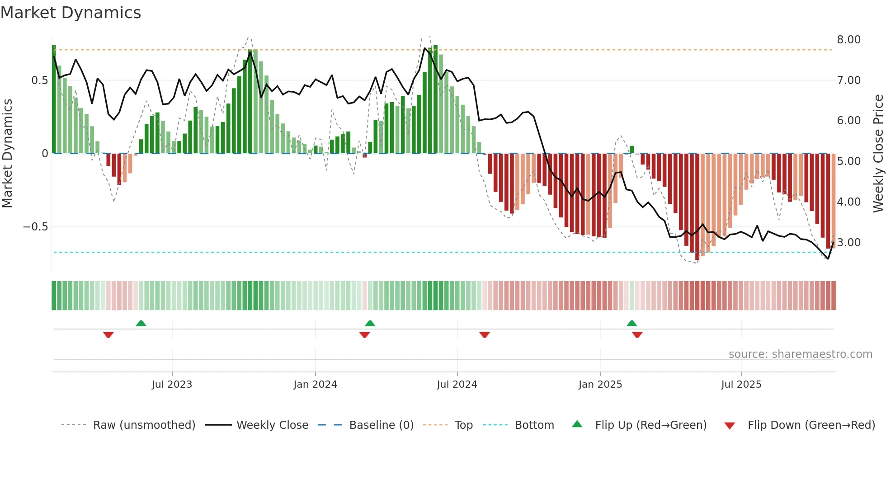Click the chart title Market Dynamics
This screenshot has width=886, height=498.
71,13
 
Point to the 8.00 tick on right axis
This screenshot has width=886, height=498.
848,40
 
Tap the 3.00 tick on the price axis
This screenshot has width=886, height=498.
848,243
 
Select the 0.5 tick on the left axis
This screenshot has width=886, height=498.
39,80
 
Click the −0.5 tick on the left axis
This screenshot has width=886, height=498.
35,227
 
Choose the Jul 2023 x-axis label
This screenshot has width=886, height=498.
172,385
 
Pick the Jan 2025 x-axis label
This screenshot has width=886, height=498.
600,385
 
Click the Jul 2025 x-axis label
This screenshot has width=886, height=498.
741,385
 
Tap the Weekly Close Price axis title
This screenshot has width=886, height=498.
878,153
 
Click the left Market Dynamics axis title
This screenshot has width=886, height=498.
7,153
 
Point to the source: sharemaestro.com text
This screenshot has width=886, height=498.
800,354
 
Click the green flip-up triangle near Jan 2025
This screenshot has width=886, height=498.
632,324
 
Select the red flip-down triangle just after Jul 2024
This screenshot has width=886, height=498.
485,335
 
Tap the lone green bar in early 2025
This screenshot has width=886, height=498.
632,150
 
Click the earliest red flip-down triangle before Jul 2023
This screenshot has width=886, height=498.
108,335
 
